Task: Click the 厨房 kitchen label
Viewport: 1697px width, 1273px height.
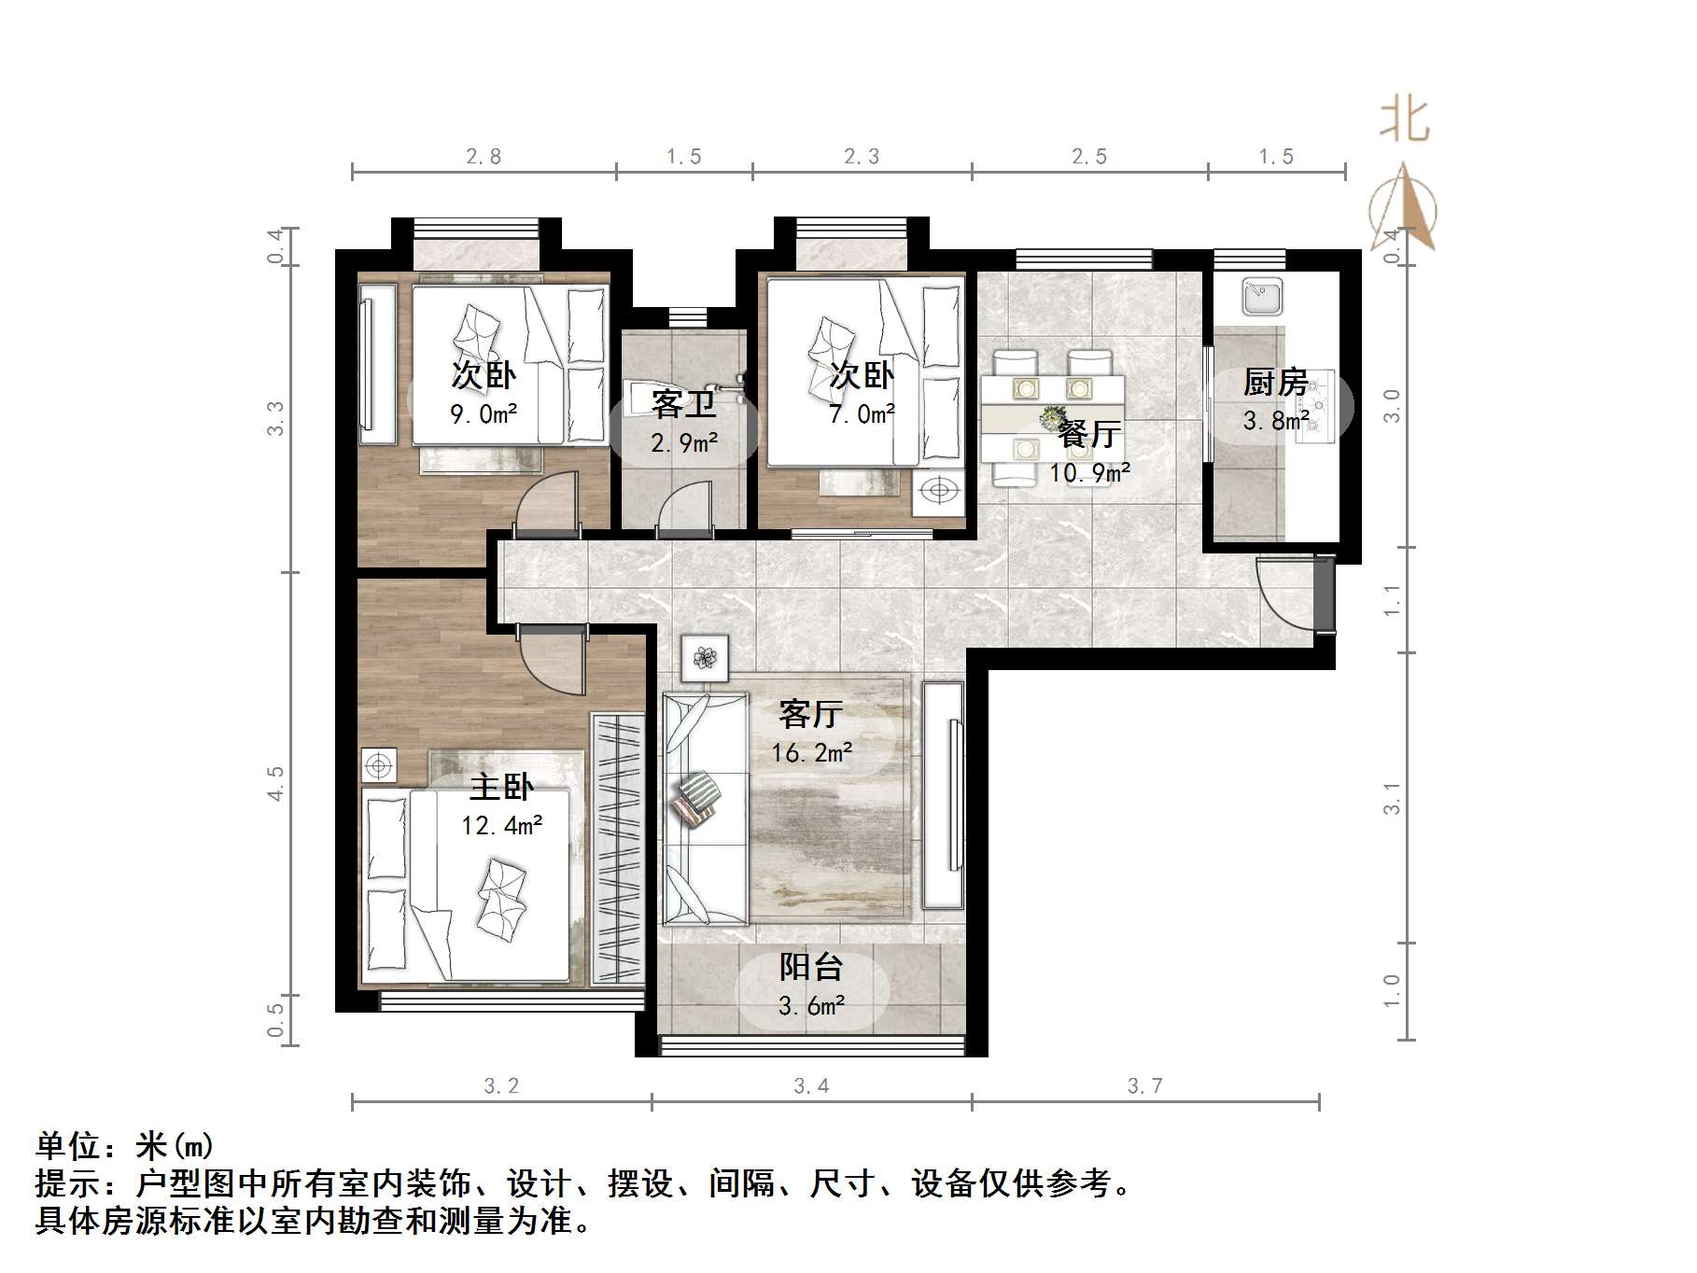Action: click(x=1275, y=383)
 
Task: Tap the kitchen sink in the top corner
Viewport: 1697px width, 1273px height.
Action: click(x=1262, y=297)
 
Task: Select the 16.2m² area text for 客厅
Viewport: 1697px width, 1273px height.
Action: click(x=811, y=752)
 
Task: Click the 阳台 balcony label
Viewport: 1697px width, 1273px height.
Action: click(x=810, y=967)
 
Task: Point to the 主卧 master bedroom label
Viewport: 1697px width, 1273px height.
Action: click(x=501, y=787)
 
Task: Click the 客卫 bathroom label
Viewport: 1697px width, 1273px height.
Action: click(x=683, y=404)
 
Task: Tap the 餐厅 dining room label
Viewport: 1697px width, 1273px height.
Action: click(x=1089, y=434)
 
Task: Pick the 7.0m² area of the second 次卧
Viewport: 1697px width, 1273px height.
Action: click(x=862, y=413)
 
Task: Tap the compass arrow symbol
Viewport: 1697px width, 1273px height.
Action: click(x=1403, y=210)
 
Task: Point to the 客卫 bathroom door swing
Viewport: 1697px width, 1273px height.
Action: click(x=685, y=510)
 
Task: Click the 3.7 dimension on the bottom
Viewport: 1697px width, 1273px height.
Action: click(x=1144, y=1085)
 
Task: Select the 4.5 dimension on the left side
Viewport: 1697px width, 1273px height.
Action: click(x=274, y=783)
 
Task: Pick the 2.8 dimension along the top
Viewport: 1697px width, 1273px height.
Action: click(x=484, y=157)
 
